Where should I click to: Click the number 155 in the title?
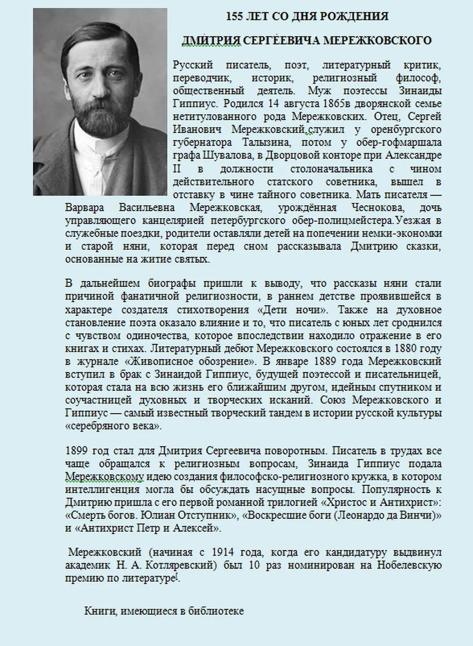[234, 16]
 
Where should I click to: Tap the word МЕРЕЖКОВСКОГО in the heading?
[377, 41]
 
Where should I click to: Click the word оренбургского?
[406, 130]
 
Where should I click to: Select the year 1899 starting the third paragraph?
[77, 451]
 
